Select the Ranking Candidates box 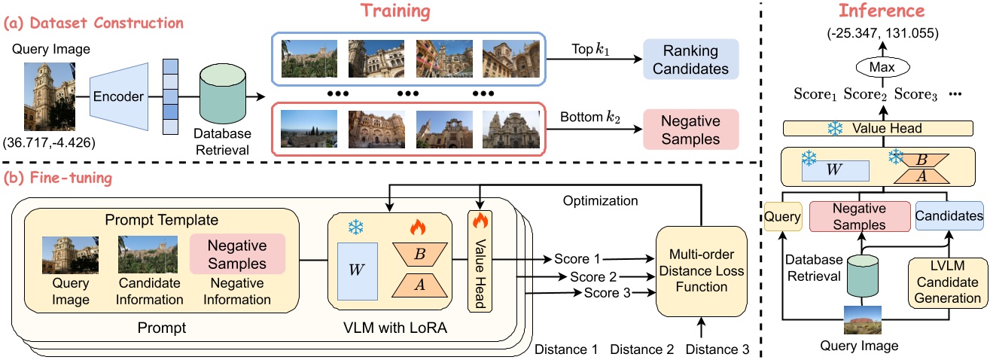(x=691, y=59)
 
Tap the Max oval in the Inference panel (x=873, y=67)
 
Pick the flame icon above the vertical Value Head (x=479, y=221)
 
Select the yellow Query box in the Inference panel (x=781, y=216)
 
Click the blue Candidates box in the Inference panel (x=949, y=216)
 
